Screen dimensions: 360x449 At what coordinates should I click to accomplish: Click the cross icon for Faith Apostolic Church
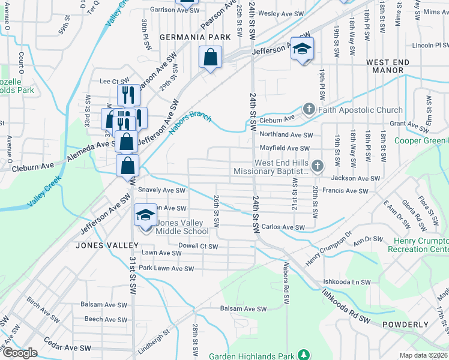coord(309,110)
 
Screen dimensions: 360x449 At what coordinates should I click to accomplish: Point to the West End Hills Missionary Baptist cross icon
coord(318,166)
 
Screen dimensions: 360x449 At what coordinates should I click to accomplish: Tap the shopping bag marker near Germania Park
coord(211,58)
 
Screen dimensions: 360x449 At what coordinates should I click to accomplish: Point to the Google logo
coord(19,353)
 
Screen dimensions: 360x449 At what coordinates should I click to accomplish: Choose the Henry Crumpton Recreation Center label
coord(418,245)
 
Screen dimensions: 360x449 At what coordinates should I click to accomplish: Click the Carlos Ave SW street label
coord(283,227)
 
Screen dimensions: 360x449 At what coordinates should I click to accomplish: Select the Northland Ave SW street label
coord(286,135)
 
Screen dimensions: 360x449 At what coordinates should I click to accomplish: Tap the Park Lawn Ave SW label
coord(166,268)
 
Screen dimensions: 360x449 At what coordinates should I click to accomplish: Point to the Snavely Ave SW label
coord(161,190)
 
